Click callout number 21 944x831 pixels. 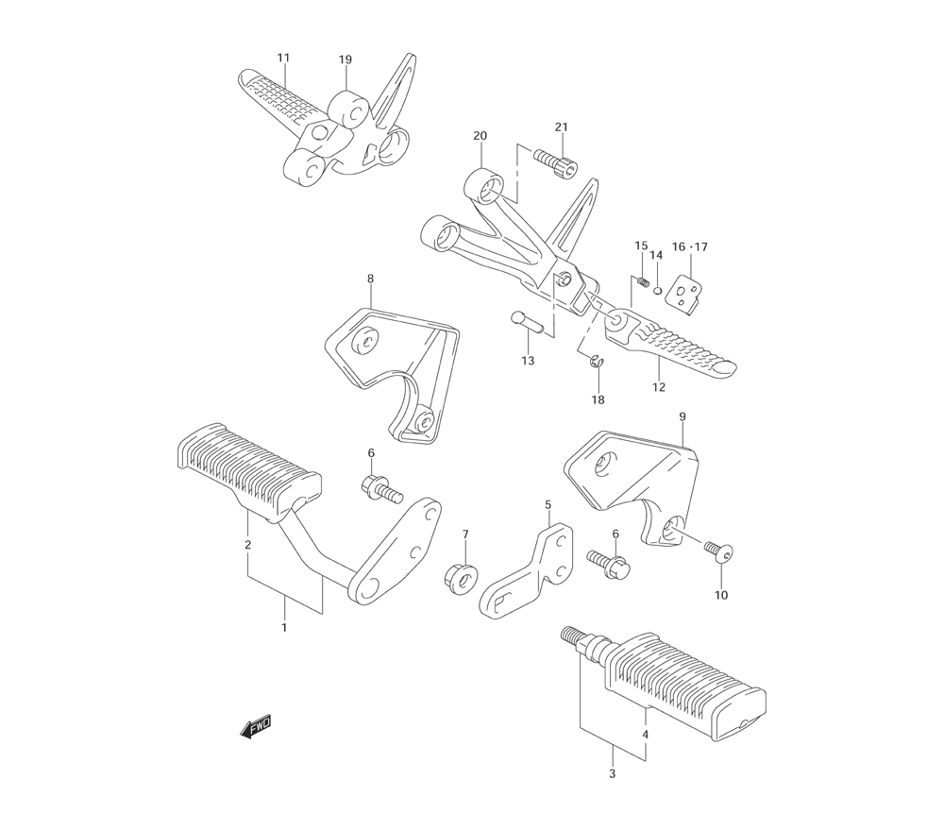tap(561, 127)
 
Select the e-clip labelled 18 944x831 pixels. tap(596, 363)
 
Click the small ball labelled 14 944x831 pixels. tap(657, 292)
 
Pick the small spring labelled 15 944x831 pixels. tap(642, 280)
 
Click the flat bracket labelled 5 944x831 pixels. tap(528, 571)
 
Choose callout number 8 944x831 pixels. tap(370, 279)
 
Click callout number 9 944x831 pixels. tap(683, 416)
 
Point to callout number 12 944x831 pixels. tap(659, 387)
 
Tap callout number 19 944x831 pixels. tap(345, 59)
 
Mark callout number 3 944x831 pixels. tap(613, 773)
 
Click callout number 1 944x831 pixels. tap(283, 627)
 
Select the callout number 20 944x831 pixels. tap(480, 136)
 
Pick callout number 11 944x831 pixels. tap(283, 58)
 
